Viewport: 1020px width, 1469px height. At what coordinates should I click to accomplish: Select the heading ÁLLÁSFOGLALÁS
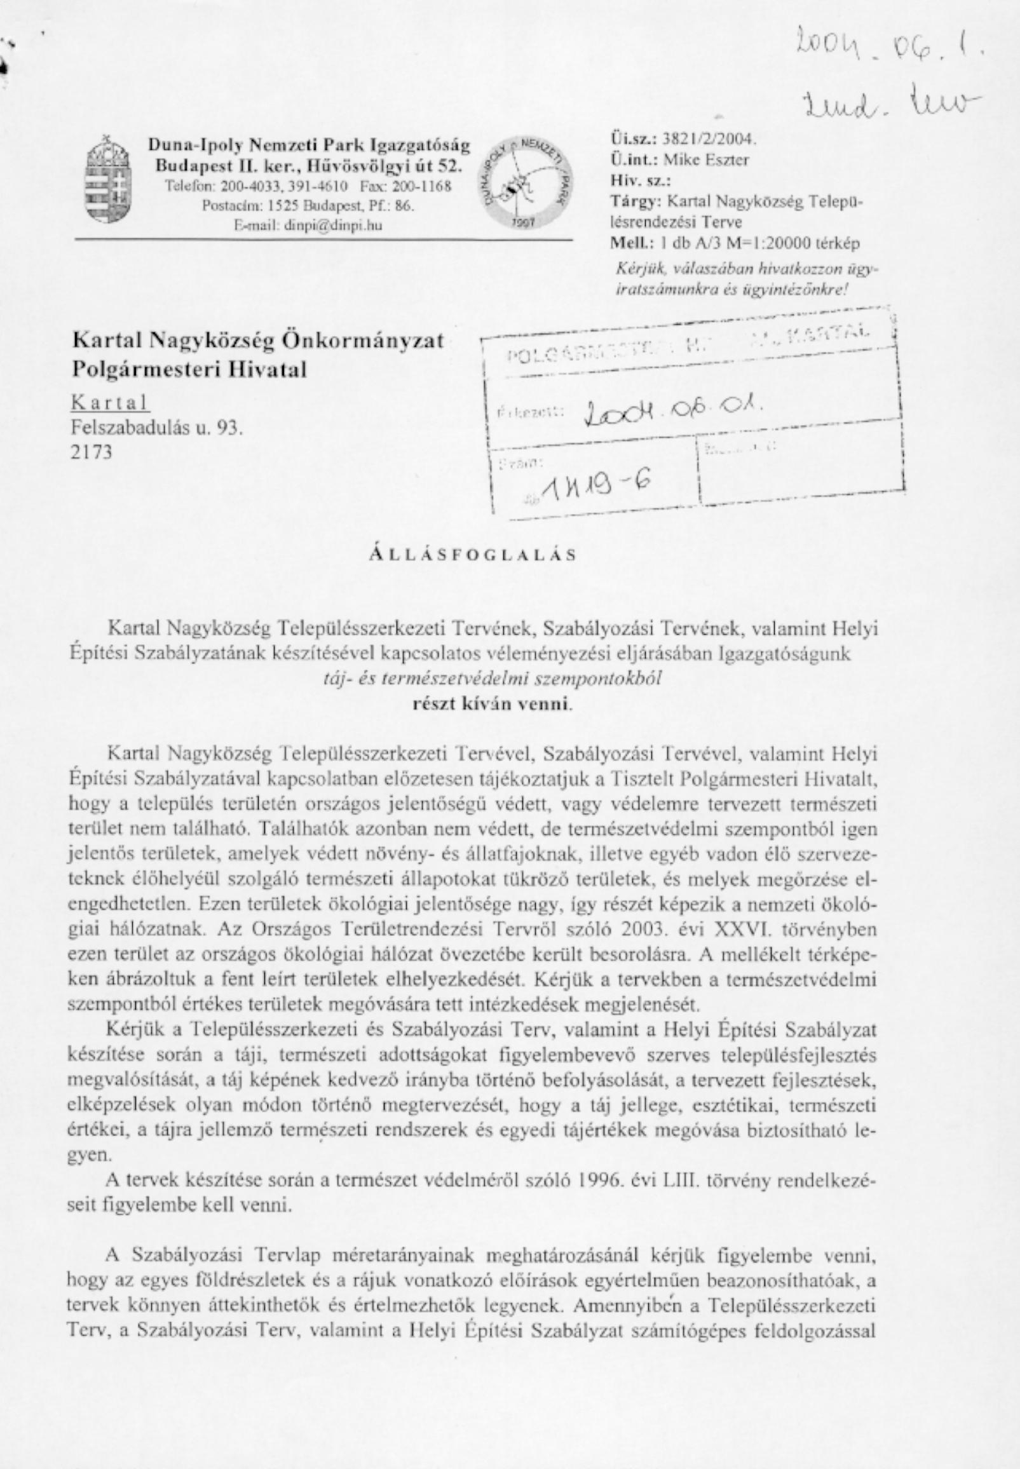(x=473, y=555)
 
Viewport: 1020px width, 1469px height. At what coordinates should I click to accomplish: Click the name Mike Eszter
(x=706, y=159)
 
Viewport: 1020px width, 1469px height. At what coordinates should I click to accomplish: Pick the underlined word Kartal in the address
(x=111, y=403)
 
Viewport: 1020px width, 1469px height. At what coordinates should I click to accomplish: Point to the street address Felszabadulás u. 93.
(x=157, y=428)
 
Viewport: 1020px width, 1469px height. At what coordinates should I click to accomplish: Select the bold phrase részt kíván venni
(x=491, y=704)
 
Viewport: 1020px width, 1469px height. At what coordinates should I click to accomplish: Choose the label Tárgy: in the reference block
(x=636, y=201)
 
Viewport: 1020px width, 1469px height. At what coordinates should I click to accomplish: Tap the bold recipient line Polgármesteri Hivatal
(x=189, y=369)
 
